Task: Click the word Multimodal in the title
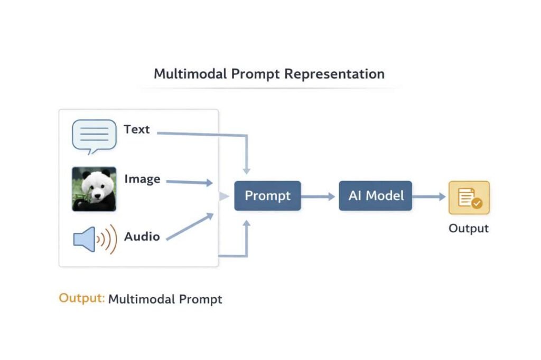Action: coord(190,73)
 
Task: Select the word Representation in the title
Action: coord(334,73)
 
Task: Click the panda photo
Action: coord(94,189)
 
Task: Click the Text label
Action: coord(137,129)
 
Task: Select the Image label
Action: coord(142,179)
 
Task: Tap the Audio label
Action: coord(142,236)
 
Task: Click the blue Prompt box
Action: coord(267,196)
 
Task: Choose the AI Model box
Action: coord(376,196)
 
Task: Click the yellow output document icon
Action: coord(469,197)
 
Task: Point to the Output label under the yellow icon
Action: coord(469,228)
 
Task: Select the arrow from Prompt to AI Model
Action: coord(319,196)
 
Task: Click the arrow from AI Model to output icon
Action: coord(429,196)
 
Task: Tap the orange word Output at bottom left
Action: coord(81,298)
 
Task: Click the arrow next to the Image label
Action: coord(190,182)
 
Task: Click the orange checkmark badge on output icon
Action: coord(477,203)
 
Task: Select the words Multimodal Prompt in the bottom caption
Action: coord(165,299)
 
